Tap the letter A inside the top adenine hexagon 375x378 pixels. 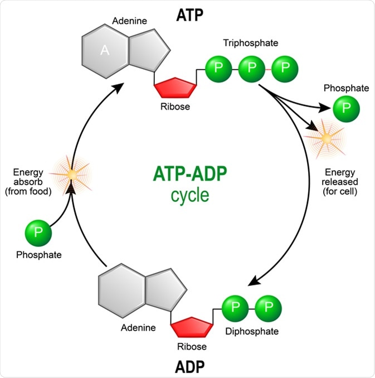coord(104,51)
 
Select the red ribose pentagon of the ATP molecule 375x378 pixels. coord(176,88)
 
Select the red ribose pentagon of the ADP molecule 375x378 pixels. coord(192,327)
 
